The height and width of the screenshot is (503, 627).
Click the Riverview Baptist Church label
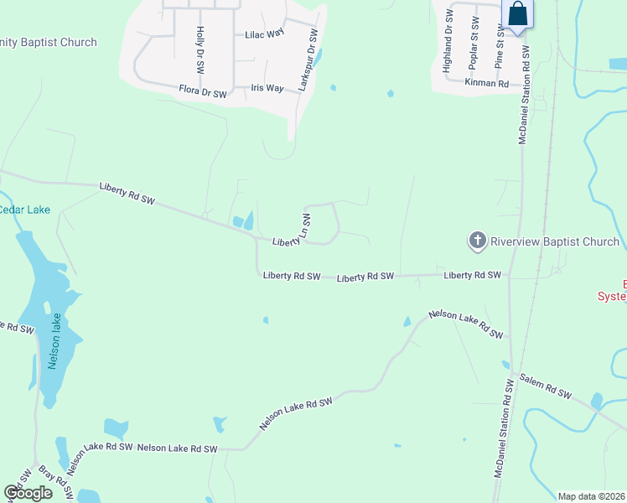[555, 242]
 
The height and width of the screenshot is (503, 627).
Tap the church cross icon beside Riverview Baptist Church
[477, 241]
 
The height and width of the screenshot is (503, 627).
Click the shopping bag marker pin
[517, 15]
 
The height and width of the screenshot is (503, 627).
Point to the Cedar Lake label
[25, 210]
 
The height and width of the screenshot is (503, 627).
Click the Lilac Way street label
[265, 35]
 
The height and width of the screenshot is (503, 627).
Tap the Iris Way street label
[268, 88]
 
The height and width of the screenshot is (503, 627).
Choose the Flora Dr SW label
[203, 92]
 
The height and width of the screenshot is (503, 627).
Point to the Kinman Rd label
[487, 83]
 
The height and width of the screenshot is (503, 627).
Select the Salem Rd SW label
[545, 386]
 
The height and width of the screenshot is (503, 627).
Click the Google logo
[28, 492]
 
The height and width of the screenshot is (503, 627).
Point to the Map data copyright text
[591, 496]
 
